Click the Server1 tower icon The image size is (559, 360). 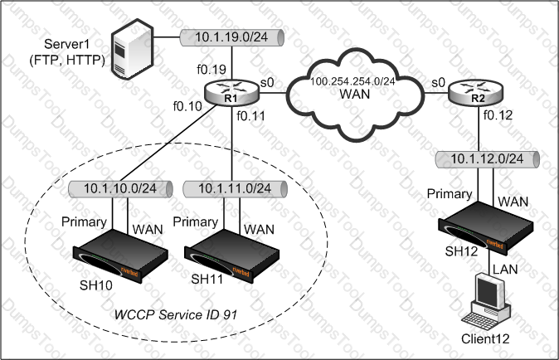pyautogui.click(x=132, y=49)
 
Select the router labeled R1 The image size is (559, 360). pyautogui.click(x=231, y=93)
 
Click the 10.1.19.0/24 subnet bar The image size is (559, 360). pyautogui.click(x=231, y=37)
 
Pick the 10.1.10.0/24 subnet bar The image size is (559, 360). pyautogui.click(x=120, y=189)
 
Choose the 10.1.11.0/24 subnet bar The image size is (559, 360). pyautogui.click(x=235, y=189)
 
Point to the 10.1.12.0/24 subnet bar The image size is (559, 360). pyautogui.click(x=488, y=159)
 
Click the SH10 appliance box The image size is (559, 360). pyautogui.click(x=120, y=255)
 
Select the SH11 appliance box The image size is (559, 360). pyautogui.click(x=231, y=255)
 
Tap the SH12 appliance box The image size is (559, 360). pyautogui.click(x=485, y=227)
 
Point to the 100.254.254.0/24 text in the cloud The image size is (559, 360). pyautogui.click(x=352, y=81)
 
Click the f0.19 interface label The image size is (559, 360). pyautogui.click(x=211, y=70)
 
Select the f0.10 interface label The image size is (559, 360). pyautogui.click(x=187, y=106)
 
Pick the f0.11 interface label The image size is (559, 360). pyautogui.click(x=251, y=116)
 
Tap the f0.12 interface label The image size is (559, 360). pyautogui.click(x=498, y=115)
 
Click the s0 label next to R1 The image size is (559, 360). pyautogui.click(x=267, y=83)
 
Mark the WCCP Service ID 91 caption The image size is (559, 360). pyautogui.click(x=176, y=314)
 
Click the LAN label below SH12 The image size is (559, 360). pyautogui.click(x=505, y=269)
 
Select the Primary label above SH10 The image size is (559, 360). pyautogui.click(x=84, y=222)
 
